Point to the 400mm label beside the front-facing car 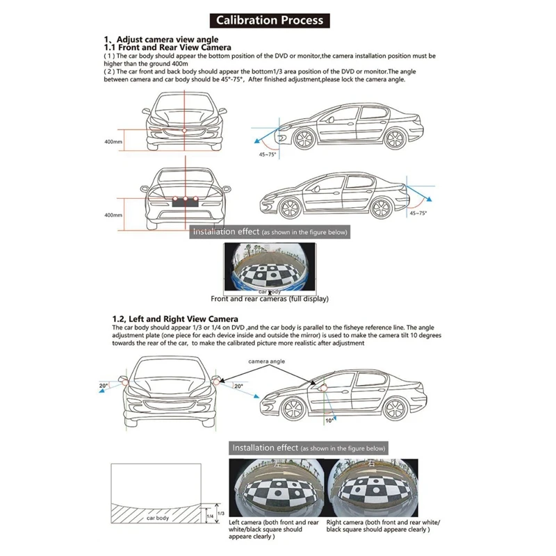coord(113,142)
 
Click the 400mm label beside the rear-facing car coord(113,215)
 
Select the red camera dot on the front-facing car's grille coord(184,130)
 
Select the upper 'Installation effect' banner coord(269,231)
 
